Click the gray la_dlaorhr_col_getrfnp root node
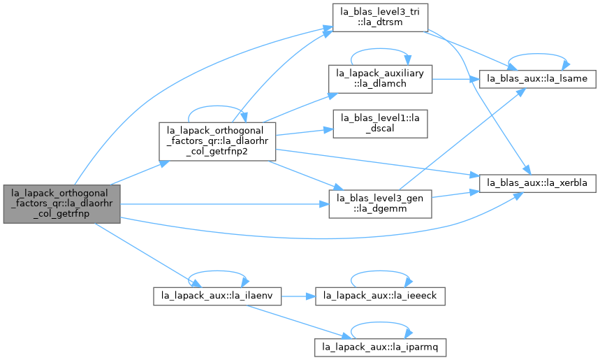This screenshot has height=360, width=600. click(x=62, y=203)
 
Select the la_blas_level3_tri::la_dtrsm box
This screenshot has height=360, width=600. click(x=380, y=17)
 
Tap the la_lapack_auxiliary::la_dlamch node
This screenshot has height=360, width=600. click(x=380, y=79)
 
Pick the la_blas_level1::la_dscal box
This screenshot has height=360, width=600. click(x=380, y=124)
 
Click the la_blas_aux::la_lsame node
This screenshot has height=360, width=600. click(x=537, y=79)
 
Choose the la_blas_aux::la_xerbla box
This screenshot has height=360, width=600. click(x=537, y=183)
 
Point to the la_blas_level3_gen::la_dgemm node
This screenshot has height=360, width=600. click(x=380, y=204)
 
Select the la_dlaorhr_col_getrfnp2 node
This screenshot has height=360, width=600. click(x=217, y=141)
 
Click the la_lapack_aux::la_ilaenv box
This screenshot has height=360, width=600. click(x=217, y=296)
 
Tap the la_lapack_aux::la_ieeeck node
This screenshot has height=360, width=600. click(x=380, y=296)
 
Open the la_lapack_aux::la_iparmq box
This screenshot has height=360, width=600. click(x=380, y=347)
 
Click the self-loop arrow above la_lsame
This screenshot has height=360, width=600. click(x=537, y=54)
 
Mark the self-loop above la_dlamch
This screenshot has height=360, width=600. click(x=380, y=49)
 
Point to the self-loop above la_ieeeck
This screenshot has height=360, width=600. click(x=380, y=271)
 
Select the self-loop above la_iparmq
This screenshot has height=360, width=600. click(x=380, y=322)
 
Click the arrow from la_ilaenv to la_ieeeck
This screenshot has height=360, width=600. click(x=298, y=296)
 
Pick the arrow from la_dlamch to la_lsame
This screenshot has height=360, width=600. click(x=455, y=79)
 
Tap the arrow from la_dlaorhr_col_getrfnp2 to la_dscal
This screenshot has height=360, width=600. click(x=305, y=131)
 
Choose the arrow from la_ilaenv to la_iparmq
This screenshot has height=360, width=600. click(x=298, y=322)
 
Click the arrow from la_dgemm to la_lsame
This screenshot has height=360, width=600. click(x=462, y=138)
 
